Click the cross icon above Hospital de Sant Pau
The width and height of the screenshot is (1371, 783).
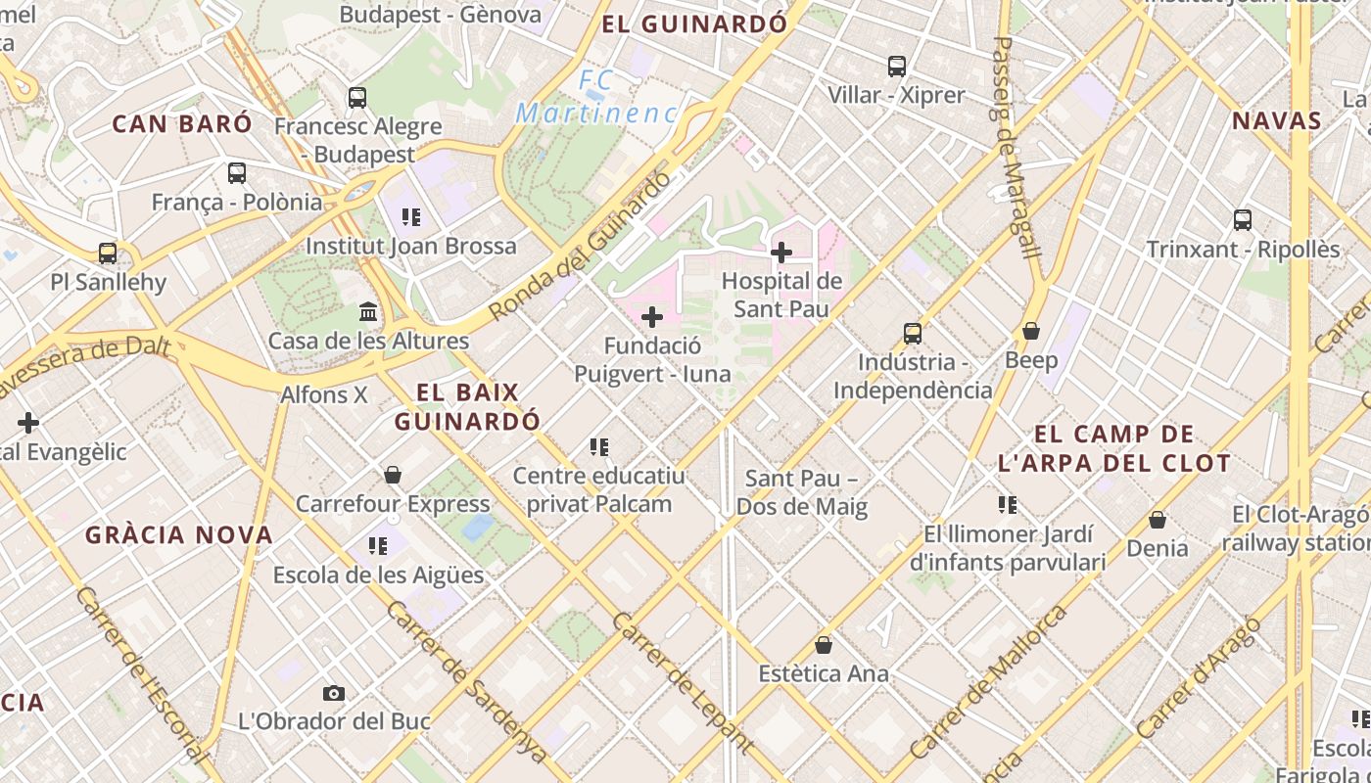[x=781, y=253]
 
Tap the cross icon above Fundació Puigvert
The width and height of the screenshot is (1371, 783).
[x=652, y=317]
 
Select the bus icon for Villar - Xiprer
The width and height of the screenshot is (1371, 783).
[x=897, y=67]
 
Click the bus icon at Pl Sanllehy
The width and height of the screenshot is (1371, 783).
[x=108, y=253]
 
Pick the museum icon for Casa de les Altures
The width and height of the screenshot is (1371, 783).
[x=368, y=312]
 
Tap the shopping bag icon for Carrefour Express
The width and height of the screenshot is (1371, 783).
[x=393, y=475]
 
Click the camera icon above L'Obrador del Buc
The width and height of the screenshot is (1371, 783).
[x=334, y=693]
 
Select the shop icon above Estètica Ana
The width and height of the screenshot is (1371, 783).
[x=824, y=645]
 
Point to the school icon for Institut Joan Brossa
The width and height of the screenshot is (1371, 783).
[x=411, y=216]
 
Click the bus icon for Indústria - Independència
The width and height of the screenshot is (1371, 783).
[x=913, y=334]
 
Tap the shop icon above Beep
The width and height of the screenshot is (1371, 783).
[x=1031, y=331]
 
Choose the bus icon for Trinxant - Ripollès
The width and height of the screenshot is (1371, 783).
[x=1243, y=220]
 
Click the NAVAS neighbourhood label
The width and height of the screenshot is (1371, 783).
[x=1276, y=121]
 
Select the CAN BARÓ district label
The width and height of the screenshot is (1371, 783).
[x=182, y=124]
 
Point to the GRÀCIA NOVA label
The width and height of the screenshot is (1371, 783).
[x=179, y=535]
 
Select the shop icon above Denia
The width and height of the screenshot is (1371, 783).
[x=1158, y=519]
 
